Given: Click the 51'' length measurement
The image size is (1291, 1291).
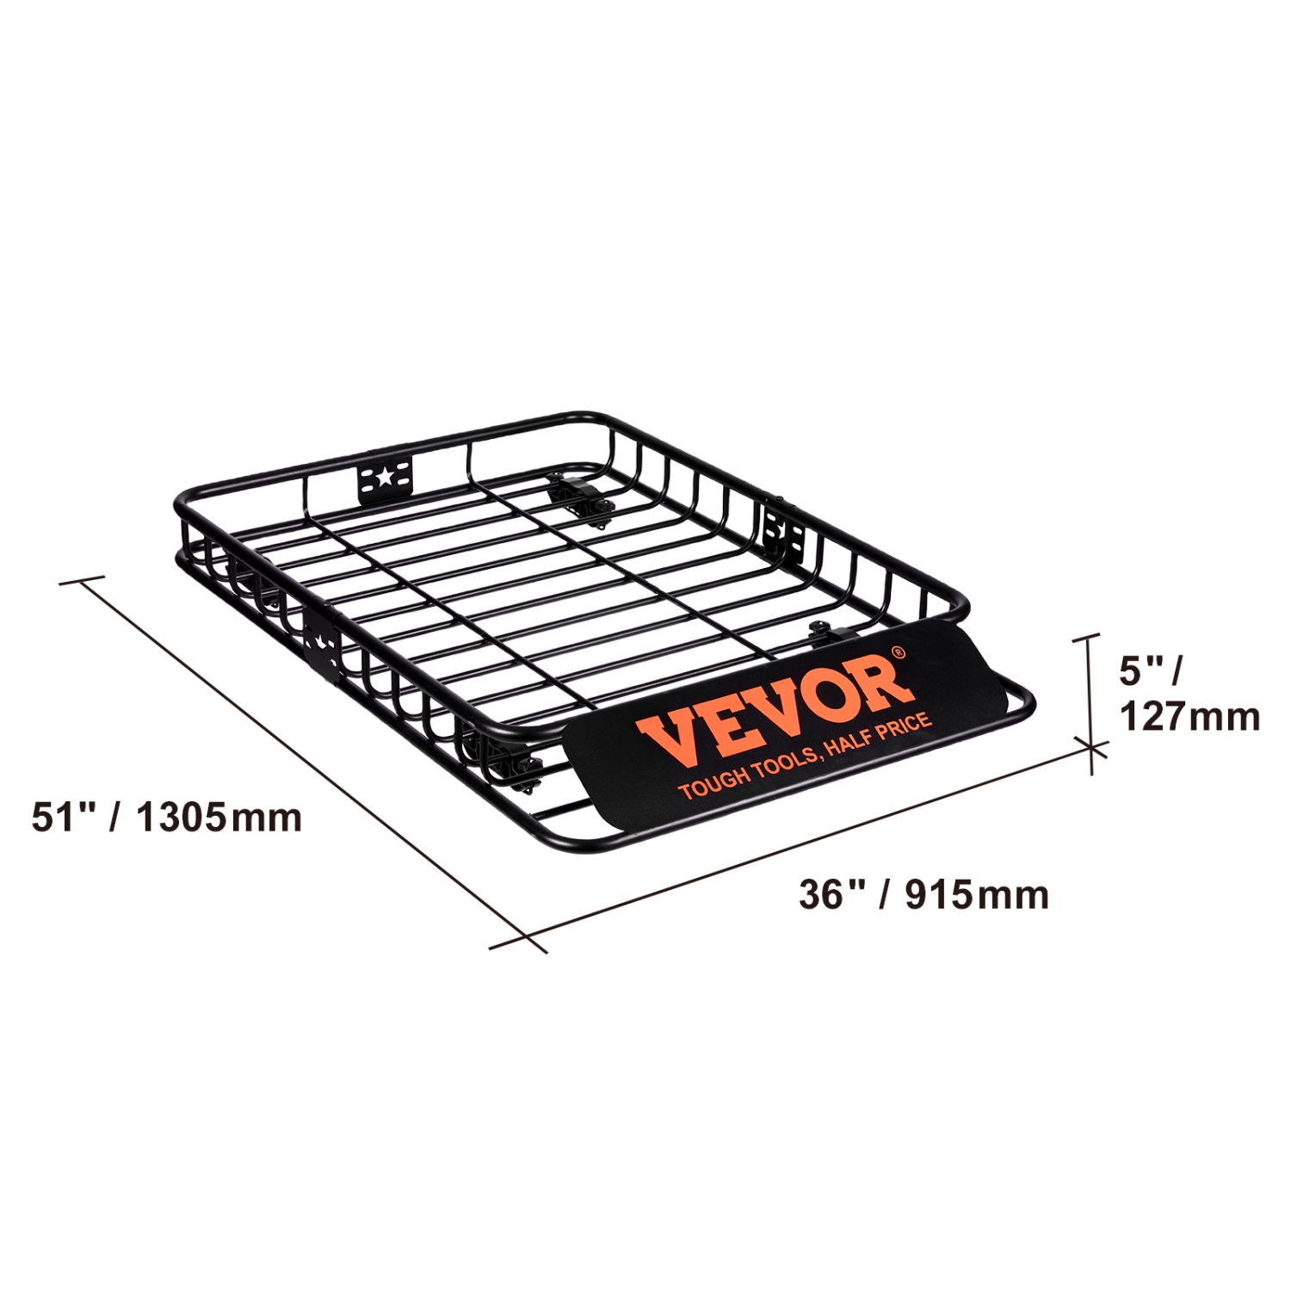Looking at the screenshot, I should [x=61, y=816].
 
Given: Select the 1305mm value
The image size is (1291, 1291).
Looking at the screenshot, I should [x=219, y=817].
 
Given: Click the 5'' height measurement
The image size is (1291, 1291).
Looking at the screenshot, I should [x=1141, y=670].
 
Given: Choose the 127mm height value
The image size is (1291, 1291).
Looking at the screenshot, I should [x=1189, y=716].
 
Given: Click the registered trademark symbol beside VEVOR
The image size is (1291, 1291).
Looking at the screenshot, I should [x=898, y=652].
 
